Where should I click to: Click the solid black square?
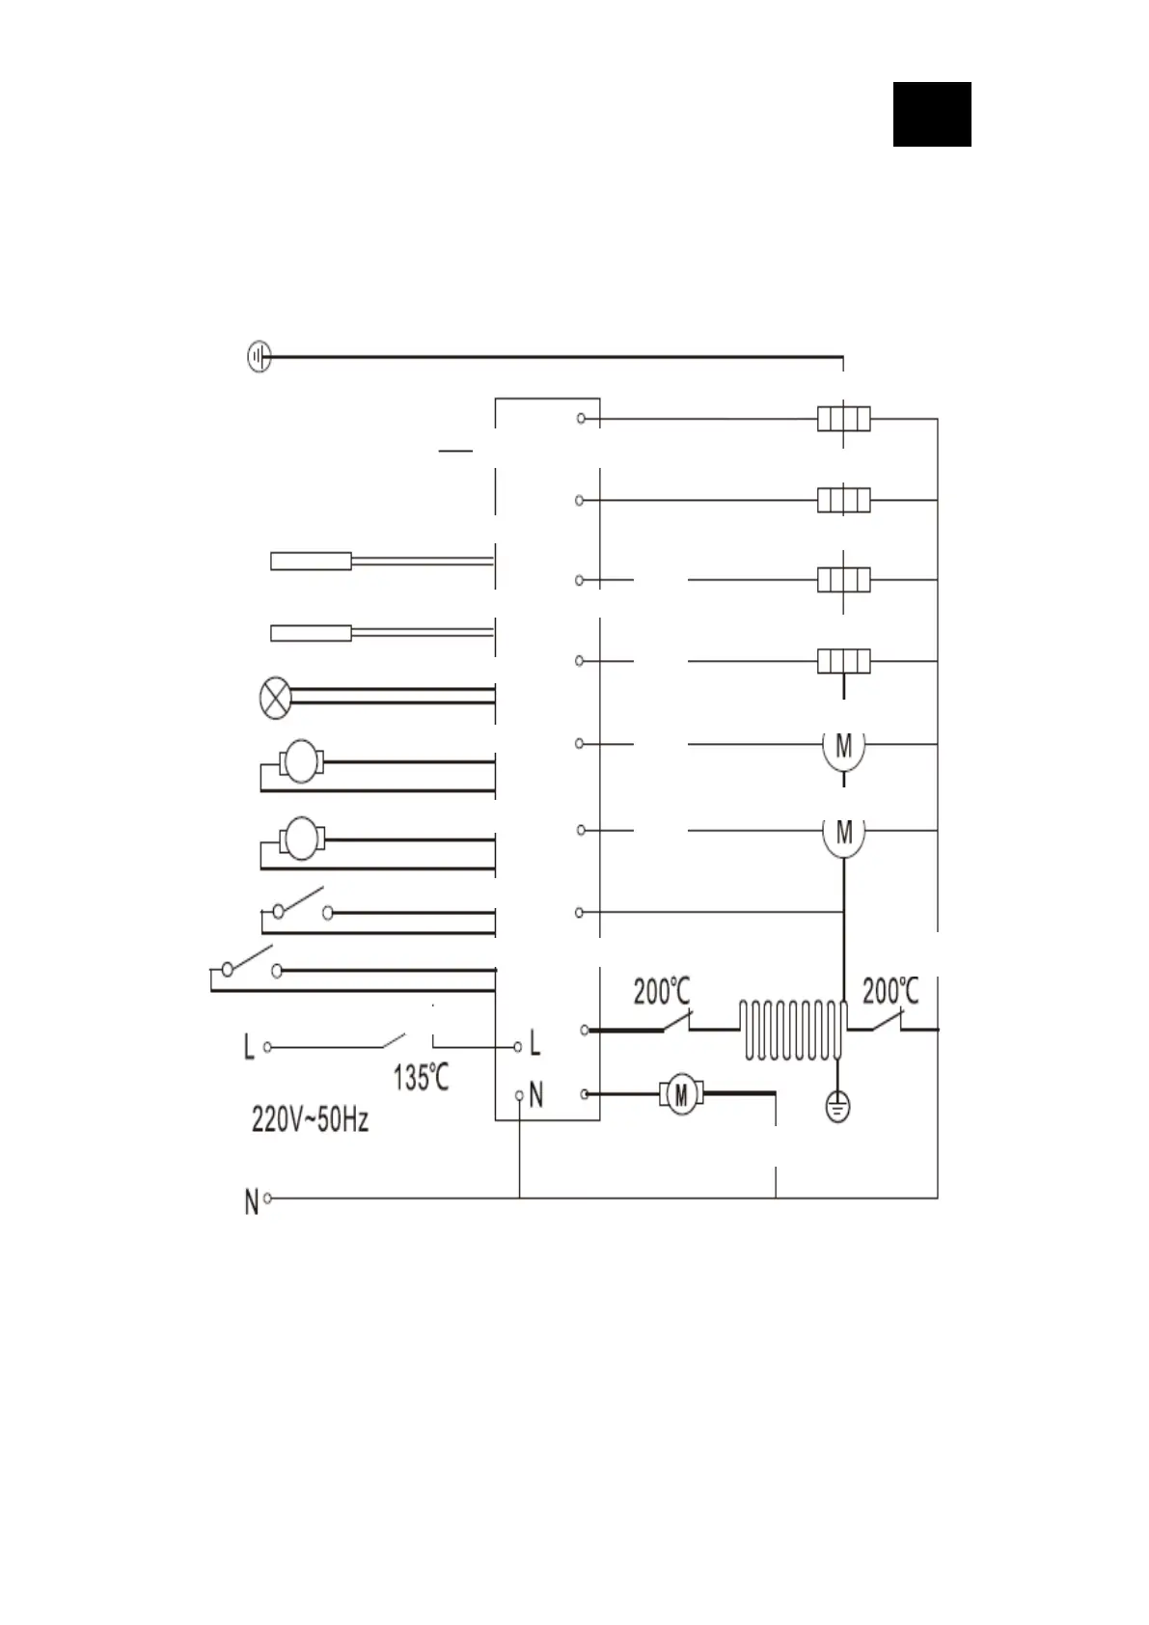(x=931, y=114)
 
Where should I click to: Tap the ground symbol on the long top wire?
(x=259, y=357)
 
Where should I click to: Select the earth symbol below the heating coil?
(x=837, y=1107)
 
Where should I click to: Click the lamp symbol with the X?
(x=275, y=698)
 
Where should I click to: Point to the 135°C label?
(x=422, y=1077)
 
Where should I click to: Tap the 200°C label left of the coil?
(x=662, y=991)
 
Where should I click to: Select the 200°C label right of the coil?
(x=890, y=991)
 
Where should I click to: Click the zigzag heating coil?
(x=794, y=1031)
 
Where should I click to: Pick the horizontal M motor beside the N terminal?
(x=681, y=1094)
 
